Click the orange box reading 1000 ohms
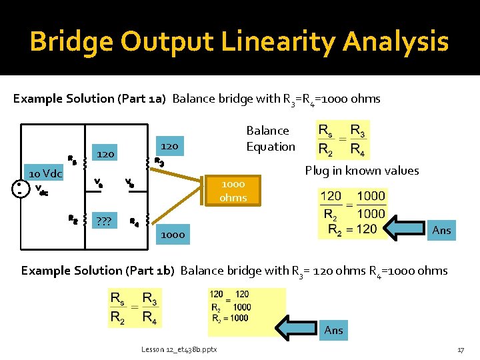tap(233, 191)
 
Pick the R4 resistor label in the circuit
tap(134, 222)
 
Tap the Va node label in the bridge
tap(99, 181)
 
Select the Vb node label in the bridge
tap(131, 181)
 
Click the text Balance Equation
tap(271, 139)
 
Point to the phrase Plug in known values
tap(362, 171)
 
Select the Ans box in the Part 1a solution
tap(441, 230)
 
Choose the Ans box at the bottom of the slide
tap(333, 330)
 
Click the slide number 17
tap(460, 350)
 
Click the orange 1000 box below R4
tap(173, 235)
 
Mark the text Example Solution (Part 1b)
tap(97, 271)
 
